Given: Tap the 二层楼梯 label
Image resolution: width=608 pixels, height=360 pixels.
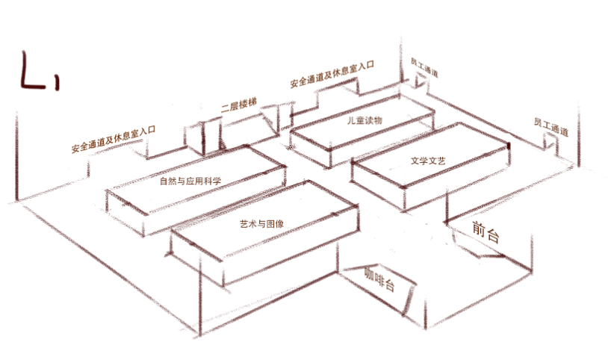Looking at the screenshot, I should click(x=240, y=107).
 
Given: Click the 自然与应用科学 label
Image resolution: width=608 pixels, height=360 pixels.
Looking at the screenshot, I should click(x=190, y=180).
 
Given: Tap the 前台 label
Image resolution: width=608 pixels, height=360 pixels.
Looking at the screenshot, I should click(x=486, y=232).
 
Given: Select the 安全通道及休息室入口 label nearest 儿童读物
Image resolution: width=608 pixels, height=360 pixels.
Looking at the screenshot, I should click(x=331, y=76).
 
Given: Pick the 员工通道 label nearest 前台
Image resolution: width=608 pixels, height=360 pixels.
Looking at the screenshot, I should click(x=550, y=126).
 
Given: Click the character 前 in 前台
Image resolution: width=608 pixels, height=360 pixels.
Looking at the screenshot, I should click(x=479, y=229).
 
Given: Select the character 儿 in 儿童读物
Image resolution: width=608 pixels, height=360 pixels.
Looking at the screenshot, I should click(x=350, y=120).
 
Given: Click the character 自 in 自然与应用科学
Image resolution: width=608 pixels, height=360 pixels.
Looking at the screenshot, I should click(x=164, y=180).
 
